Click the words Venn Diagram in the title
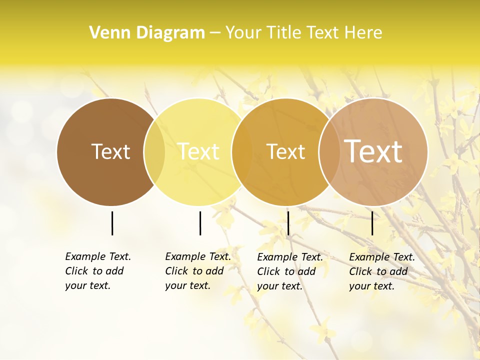coord(147,33)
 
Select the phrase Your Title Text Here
coord(303,33)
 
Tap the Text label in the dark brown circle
coord(110,151)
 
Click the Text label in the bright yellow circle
coord(198,151)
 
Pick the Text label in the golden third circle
coord(285,151)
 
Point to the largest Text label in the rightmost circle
coord(373,151)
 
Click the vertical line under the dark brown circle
coord(112,223)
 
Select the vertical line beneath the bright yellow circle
coord(200,223)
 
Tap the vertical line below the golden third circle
coord(288,223)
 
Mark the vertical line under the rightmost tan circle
coord(372,223)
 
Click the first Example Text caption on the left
coord(98,271)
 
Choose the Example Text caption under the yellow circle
coord(198,271)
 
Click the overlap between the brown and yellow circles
coord(154,151)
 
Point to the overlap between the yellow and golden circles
coord(242,151)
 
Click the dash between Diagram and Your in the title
coord(215,33)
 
